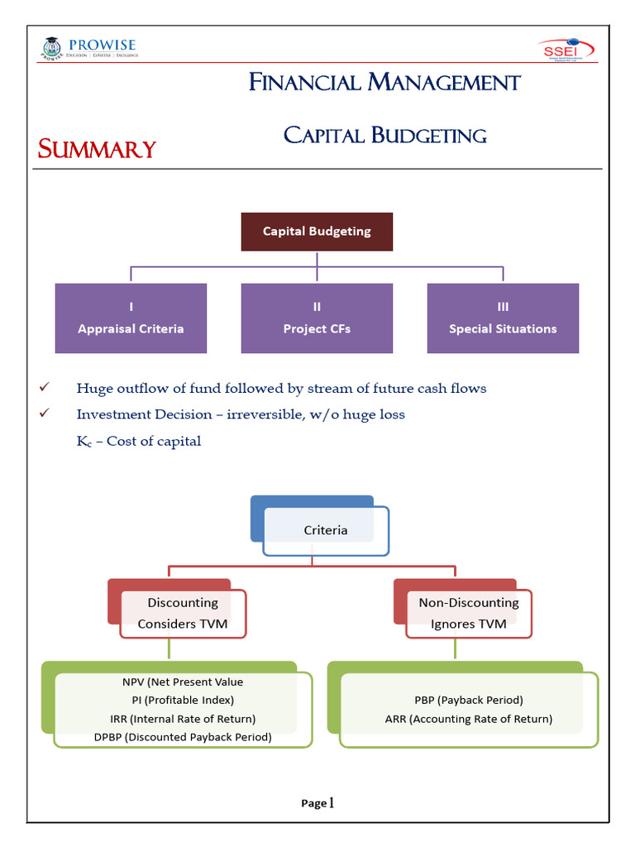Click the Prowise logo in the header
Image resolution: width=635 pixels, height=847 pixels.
click(88, 49)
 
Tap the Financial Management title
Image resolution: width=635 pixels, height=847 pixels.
click(384, 83)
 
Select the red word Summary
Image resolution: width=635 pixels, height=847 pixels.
click(97, 150)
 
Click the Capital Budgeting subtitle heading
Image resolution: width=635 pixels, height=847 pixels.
click(384, 135)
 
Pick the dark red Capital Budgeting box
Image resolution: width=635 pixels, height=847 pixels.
click(317, 232)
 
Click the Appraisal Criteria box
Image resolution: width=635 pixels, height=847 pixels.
click(131, 318)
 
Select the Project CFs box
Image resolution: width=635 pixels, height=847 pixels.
click(317, 318)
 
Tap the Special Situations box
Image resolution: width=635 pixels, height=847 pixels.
click(503, 318)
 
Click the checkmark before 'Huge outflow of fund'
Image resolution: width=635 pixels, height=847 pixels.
click(45, 387)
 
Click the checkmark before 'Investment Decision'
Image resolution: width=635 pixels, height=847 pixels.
click(45, 414)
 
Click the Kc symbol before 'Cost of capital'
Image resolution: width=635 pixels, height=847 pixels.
click(84, 442)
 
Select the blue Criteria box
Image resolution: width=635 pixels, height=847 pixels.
click(325, 530)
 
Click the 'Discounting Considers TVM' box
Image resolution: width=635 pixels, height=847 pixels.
click(183, 613)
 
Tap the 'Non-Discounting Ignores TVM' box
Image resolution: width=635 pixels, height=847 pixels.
click(468, 613)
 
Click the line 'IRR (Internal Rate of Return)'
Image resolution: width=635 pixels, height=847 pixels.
click(183, 719)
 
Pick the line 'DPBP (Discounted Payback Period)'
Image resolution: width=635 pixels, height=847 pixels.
click(183, 737)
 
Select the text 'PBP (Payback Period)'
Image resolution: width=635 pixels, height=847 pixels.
click(468, 700)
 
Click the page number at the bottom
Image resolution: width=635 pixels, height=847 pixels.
click(317, 802)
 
